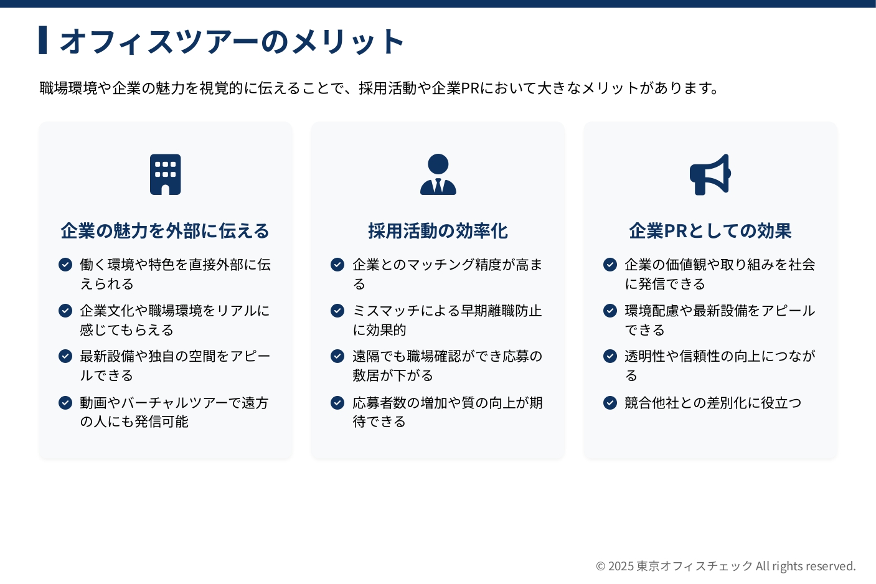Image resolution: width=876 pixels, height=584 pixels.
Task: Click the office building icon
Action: coord(166,174)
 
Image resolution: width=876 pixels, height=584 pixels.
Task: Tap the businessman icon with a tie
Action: coord(438,174)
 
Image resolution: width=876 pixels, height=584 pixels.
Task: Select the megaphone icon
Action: coord(710,174)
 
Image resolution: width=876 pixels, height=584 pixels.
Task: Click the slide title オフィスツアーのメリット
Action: coord(232,40)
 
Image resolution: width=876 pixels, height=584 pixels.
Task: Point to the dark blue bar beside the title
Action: coord(43,40)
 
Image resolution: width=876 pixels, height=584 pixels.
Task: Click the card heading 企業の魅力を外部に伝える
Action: coord(165,231)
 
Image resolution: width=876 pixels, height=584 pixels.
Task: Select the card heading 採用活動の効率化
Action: coord(438,231)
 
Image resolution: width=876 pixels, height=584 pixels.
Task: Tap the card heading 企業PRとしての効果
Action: coord(710,231)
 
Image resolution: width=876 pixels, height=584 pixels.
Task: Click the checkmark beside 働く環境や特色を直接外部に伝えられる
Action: coord(65,265)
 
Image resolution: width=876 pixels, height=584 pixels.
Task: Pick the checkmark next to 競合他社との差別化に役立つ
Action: coord(610,402)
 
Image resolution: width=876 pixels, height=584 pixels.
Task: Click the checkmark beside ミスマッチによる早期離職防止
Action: coord(337,311)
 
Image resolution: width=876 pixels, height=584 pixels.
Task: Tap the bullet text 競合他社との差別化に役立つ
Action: coord(713,402)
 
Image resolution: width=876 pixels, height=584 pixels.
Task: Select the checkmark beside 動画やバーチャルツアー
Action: coord(65,402)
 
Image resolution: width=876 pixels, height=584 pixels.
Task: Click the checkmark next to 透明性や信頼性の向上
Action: coord(610,356)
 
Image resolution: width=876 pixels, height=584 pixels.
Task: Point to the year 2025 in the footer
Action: coord(621,566)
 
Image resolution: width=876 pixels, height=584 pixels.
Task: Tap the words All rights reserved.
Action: coord(806,566)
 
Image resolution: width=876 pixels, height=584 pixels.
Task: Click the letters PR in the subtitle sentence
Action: coord(471,88)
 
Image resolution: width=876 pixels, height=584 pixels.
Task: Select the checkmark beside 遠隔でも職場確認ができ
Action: coord(337,356)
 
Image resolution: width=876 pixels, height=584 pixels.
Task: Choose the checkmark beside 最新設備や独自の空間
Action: coord(65,356)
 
